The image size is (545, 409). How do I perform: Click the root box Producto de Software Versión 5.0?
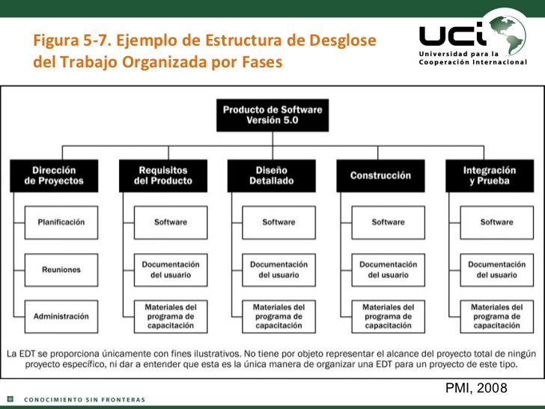click(x=272, y=115)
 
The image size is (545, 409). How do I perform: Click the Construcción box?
click(x=380, y=175)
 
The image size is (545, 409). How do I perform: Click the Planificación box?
click(x=61, y=222)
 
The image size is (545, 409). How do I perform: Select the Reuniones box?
click(x=61, y=269)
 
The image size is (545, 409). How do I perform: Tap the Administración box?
click(x=61, y=316)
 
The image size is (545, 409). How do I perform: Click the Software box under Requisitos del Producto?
click(x=171, y=222)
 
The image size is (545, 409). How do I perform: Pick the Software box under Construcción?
click(x=388, y=222)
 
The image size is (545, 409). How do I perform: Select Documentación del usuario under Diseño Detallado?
click(x=278, y=269)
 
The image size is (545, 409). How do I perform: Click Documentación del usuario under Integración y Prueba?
click(x=496, y=269)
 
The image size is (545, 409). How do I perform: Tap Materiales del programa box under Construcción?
click(x=388, y=316)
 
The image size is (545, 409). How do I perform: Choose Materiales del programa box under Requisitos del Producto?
click(x=171, y=316)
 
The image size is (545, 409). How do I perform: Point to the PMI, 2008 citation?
click(x=476, y=388)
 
